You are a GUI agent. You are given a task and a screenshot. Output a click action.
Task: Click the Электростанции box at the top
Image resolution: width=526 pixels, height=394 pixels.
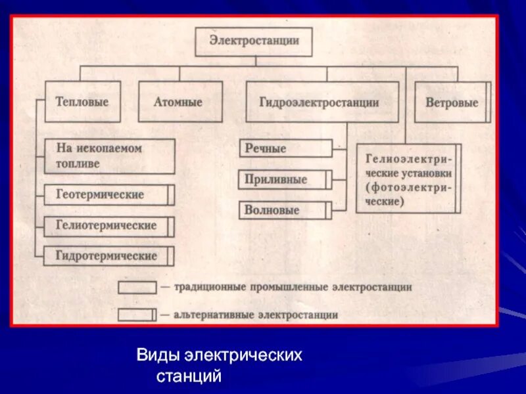point(254,41)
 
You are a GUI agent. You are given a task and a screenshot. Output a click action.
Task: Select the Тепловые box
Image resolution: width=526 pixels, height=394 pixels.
point(83,102)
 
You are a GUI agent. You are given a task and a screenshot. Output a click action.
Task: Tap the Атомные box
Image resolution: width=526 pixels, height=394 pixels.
point(178,102)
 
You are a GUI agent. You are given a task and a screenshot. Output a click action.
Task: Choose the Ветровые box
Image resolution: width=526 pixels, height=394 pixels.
point(452,102)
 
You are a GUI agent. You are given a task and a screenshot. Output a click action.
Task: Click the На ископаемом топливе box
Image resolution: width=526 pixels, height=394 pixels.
point(110,156)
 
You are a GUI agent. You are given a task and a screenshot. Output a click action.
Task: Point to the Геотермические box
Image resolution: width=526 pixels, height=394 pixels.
point(109,195)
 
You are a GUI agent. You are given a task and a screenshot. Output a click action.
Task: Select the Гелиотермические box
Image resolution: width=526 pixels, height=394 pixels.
point(109,226)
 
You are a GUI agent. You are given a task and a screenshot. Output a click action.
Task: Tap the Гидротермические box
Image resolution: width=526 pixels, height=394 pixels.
point(109,255)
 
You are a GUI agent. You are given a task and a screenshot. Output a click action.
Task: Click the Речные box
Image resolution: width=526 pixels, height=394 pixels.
point(285,148)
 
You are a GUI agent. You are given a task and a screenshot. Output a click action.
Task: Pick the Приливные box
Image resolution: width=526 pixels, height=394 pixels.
point(285,179)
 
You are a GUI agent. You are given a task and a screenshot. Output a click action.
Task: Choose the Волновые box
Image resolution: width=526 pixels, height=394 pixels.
point(285,210)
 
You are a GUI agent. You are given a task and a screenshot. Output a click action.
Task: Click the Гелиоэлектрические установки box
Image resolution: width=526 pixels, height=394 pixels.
point(408,178)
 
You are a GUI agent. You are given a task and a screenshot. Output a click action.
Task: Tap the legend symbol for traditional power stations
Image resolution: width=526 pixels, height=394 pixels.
point(137,288)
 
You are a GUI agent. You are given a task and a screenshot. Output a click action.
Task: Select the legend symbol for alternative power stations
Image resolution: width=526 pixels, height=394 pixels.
point(137,315)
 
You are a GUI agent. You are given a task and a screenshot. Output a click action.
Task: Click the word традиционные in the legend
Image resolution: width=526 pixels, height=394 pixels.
point(203,288)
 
